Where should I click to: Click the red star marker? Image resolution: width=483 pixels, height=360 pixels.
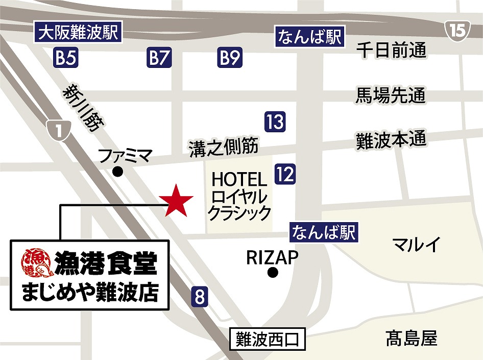coord(175,200)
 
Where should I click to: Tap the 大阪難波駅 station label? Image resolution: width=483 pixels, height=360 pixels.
coord(78,34)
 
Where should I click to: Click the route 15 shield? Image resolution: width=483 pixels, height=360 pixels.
coord(458,31)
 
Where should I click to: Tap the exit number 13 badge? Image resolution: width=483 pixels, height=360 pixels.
coord(275,122)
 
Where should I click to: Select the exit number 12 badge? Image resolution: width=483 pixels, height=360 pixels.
coord(285,175)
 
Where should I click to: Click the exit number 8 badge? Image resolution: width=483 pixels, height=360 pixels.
coord(200,297)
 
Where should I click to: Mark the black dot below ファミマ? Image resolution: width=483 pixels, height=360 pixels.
coord(117,172)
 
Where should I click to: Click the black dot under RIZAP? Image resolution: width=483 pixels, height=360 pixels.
coord(272,273)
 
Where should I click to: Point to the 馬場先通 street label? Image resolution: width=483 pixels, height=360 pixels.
coord(391,95)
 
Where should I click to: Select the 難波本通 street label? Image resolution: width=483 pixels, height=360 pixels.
coord(391,140)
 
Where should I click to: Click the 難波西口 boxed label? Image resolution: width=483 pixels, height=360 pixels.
coord(267,340)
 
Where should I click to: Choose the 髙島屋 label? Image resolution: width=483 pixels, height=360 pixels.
coord(411,338)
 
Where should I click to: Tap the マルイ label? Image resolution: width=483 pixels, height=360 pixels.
coord(416,245)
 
